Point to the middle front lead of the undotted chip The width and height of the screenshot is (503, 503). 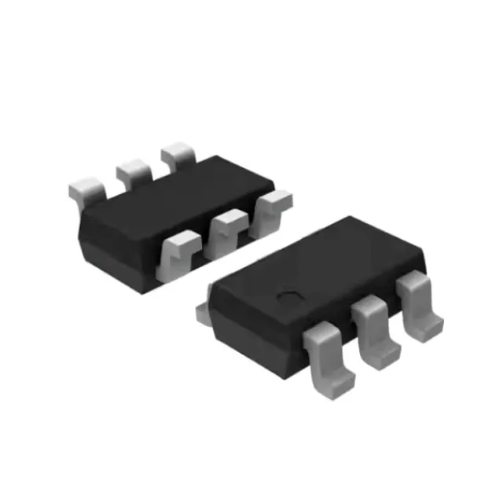tap(227, 228)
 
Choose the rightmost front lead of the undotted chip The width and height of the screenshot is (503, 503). tap(272, 205)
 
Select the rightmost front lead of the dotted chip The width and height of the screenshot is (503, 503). tap(418, 303)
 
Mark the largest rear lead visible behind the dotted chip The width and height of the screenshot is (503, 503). tap(206, 310)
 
